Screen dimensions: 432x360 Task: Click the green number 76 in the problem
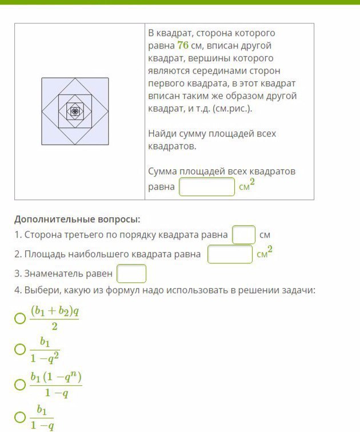[183, 46]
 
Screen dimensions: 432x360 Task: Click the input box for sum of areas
[207, 187]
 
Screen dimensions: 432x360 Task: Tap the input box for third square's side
[243, 235]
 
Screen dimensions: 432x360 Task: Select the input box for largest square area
[230, 254]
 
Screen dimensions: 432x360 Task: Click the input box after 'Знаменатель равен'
[131, 274]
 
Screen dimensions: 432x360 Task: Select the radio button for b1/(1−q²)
[20, 349]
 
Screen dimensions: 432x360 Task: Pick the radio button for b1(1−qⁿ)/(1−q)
[20, 385]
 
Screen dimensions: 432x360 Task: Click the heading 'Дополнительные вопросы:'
[77, 219]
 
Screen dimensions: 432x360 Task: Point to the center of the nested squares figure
[74, 111]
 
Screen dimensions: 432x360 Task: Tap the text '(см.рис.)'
[232, 109]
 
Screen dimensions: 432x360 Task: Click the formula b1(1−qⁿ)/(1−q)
[57, 385]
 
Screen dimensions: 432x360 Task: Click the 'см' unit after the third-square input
[265, 235]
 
